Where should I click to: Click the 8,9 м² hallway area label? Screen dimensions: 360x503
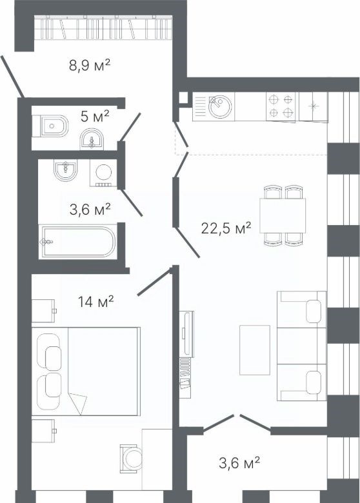coord(90,65)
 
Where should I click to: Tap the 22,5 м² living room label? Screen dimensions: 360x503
coord(226,228)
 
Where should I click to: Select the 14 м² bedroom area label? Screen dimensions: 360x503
coord(96,302)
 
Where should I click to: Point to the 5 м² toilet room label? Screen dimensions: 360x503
coord(95,116)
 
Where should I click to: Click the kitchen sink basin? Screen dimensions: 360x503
coord(220,106)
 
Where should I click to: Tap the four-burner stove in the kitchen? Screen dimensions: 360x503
coord(281,106)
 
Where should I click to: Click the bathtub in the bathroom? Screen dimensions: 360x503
coord(77,242)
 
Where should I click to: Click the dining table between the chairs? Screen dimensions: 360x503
coord(283,215)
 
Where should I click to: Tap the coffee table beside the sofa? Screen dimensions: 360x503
coord(255,350)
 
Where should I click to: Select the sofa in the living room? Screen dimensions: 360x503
coord(301,346)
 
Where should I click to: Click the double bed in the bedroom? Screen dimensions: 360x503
coord(86,371)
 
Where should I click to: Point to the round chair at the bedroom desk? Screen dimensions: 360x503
coord(131,459)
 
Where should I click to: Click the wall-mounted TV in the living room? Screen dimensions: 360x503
coord(186,334)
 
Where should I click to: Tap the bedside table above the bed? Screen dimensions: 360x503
coord(43,311)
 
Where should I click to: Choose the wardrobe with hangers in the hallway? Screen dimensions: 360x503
coord(103,28)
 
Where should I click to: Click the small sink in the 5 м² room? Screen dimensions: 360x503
coord(92,139)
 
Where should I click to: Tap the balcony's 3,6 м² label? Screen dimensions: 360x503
coord(239,463)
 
